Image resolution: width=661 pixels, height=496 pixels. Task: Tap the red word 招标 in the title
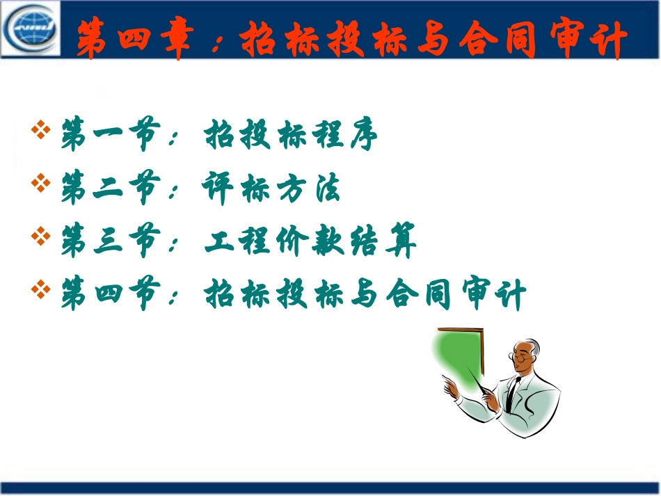click(x=278, y=38)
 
